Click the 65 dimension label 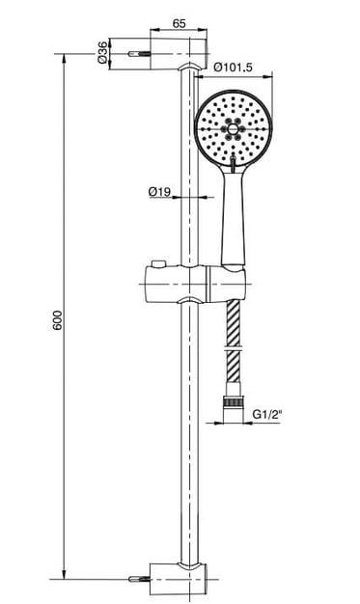click(179, 23)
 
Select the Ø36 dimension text click(102, 52)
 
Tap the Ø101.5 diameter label click(234, 68)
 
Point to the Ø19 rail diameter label click(159, 191)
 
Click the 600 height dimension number click(57, 319)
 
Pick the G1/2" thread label click(267, 415)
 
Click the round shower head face click(234, 128)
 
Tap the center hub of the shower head click(233, 129)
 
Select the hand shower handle click(233, 216)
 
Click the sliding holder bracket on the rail click(195, 285)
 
